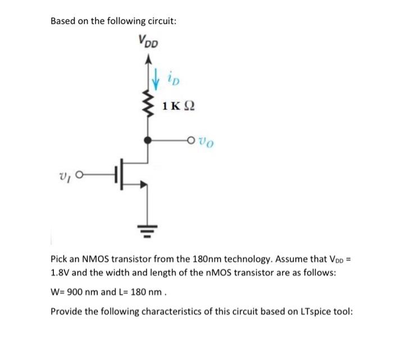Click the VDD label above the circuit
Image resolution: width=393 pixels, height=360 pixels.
[148, 40]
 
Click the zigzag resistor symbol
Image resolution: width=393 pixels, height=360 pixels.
[149, 104]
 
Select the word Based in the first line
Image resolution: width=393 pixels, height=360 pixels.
[63, 21]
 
